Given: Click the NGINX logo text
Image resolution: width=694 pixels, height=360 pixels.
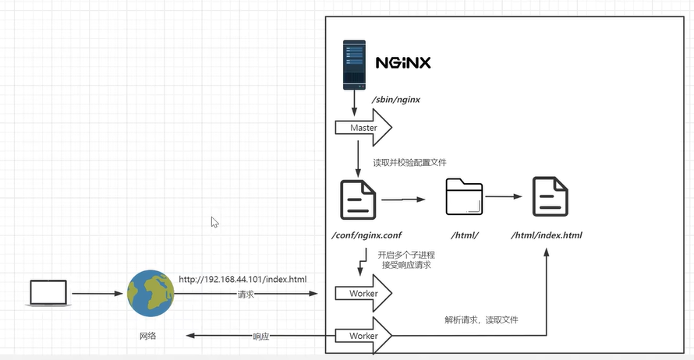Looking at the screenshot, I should (x=403, y=62).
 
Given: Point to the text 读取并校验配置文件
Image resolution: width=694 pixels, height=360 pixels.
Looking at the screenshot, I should (x=409, y=162).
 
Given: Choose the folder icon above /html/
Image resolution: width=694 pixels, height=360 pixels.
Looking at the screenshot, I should (x=464, y=197).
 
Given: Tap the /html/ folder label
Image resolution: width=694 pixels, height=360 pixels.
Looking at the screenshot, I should (x=464, y=235).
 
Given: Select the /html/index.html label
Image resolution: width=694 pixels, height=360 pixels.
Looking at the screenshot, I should (x=547, y=235).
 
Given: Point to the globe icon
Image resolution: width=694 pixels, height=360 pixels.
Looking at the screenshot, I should (x=150, y=294).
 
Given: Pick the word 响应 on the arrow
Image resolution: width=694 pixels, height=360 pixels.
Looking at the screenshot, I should (x=262, y=337).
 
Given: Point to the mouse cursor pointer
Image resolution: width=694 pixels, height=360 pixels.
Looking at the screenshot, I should (x=214, y=222).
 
